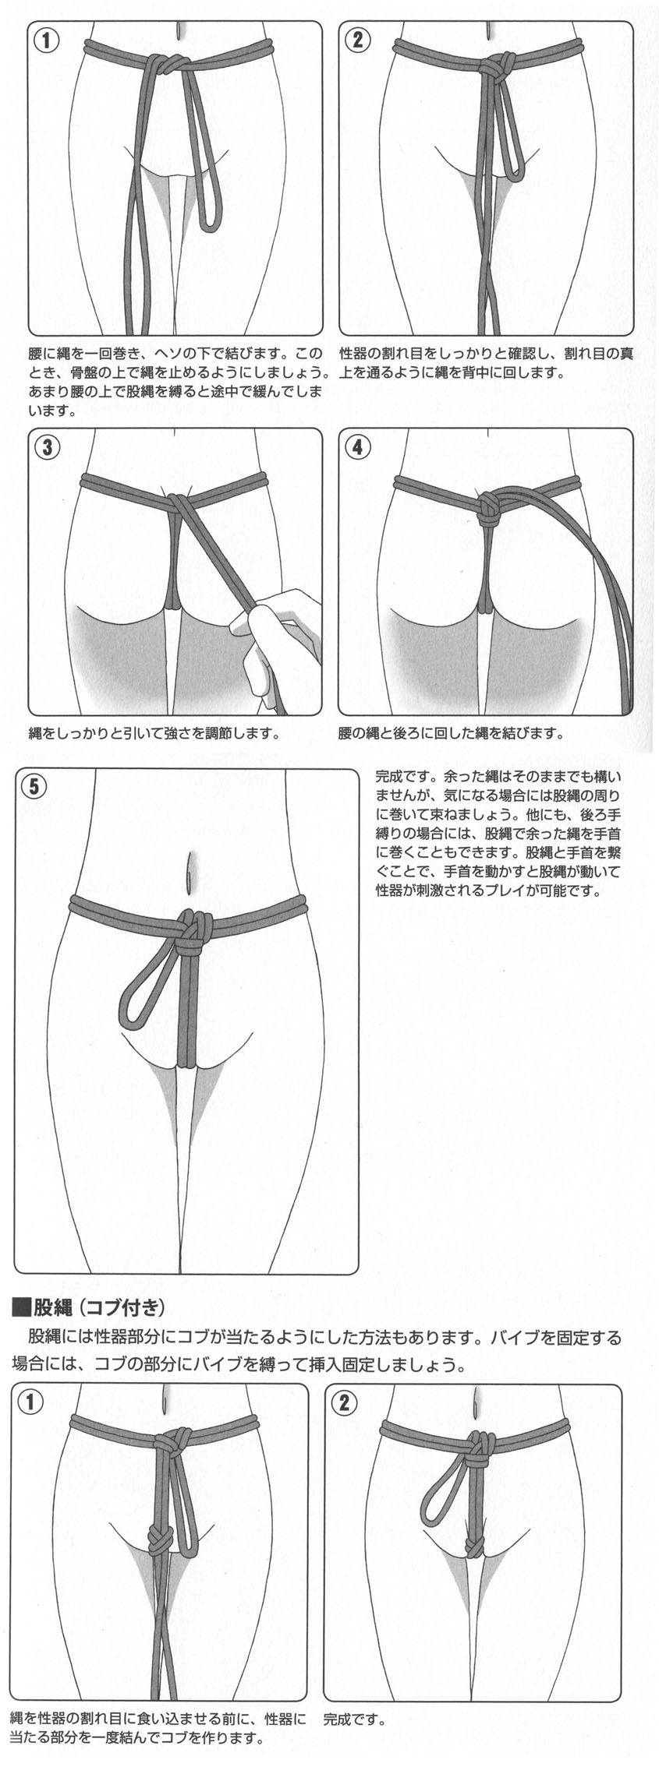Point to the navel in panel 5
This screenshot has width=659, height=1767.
pyautogui.click(x=190, y=870)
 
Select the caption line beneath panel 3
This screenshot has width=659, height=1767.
pyautogui.click(x=154, y=733)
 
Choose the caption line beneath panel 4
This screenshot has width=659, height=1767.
pyautogui.click(x=451, y=733)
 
